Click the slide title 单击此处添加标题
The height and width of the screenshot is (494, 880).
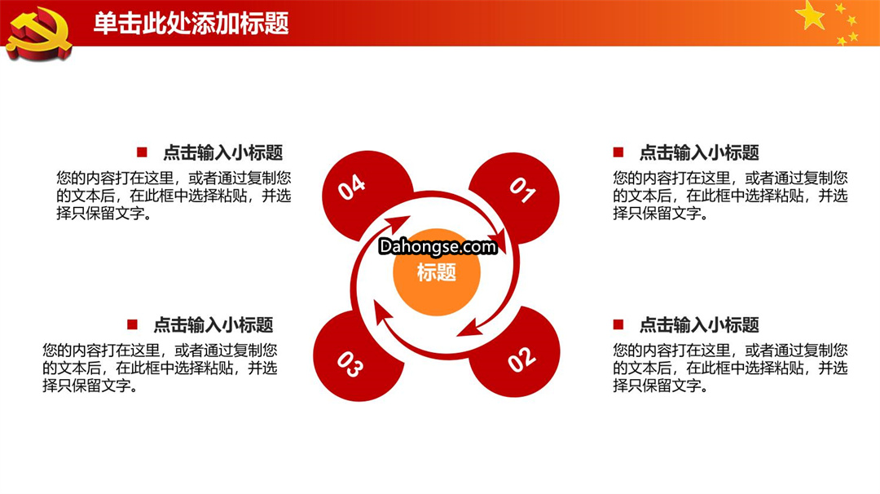pos(191,24)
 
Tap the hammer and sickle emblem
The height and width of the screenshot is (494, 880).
pos(38,33)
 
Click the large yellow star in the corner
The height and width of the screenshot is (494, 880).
pos(811,15)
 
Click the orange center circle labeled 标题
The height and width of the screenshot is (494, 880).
pos(437,271)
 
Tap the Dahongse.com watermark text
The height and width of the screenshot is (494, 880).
pos(438,246)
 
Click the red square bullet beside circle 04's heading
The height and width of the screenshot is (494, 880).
pos(142,152)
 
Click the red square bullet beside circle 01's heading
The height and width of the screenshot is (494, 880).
pos(618,152)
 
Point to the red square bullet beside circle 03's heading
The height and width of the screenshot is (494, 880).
pos(133,324)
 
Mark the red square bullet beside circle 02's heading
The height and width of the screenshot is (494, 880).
pos(618,324)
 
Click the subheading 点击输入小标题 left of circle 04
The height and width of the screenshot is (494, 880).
pos(222,152)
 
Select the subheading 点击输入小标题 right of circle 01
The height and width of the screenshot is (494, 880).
pos(699,152)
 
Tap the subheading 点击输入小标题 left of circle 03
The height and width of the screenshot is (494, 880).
pos(213,325)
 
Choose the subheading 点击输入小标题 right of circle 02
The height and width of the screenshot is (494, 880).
pos(699,325)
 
